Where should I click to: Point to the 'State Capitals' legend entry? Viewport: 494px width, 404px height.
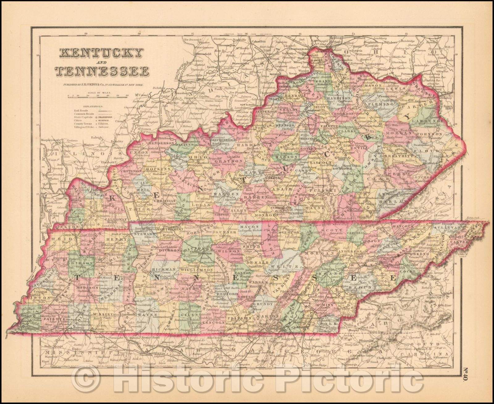(82, 117)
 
